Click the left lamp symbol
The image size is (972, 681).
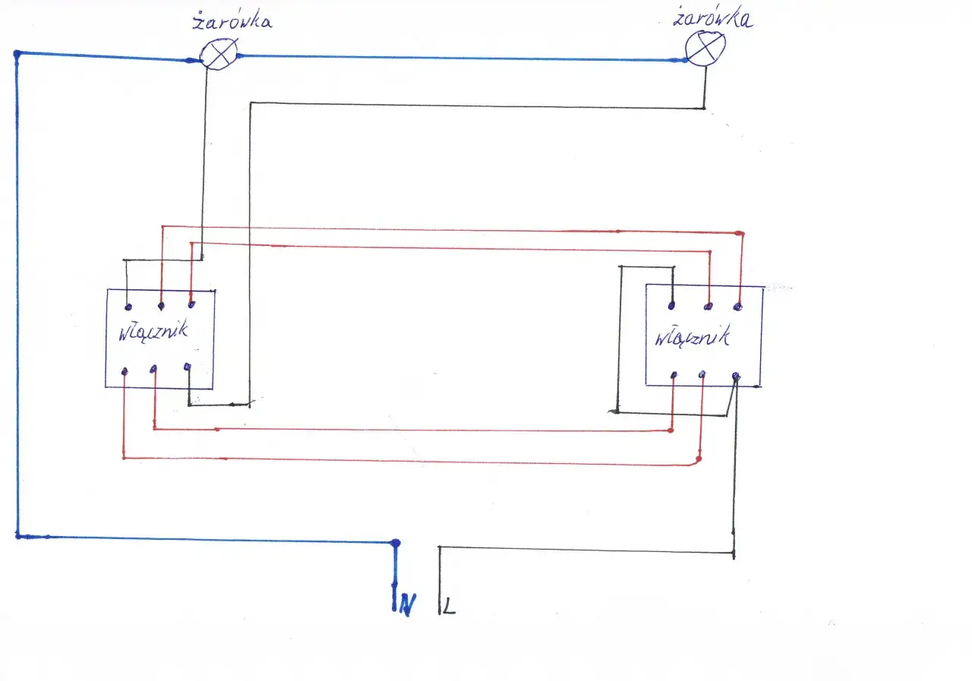click(219, 55)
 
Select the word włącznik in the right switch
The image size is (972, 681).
click(692, 336)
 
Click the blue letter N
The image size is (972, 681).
click(408, 605)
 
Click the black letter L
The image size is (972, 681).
click(450, 607)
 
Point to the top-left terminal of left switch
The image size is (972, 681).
click(128, 306)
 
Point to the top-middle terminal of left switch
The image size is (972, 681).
click(161, 306)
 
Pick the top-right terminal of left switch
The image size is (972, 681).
click(190, 305)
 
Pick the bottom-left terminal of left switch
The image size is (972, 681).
click(125, 371)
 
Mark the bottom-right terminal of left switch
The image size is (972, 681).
click(188, 367)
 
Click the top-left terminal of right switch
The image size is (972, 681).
click(671, 306)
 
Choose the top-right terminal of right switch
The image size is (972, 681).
click(737, 306)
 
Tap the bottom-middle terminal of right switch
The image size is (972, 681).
click(702, 374)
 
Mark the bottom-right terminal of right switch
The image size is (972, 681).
click(735, 376)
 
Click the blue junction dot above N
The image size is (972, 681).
click(395, 543)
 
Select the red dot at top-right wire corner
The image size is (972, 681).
click(740, 233)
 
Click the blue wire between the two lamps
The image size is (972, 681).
click(456, 58)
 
